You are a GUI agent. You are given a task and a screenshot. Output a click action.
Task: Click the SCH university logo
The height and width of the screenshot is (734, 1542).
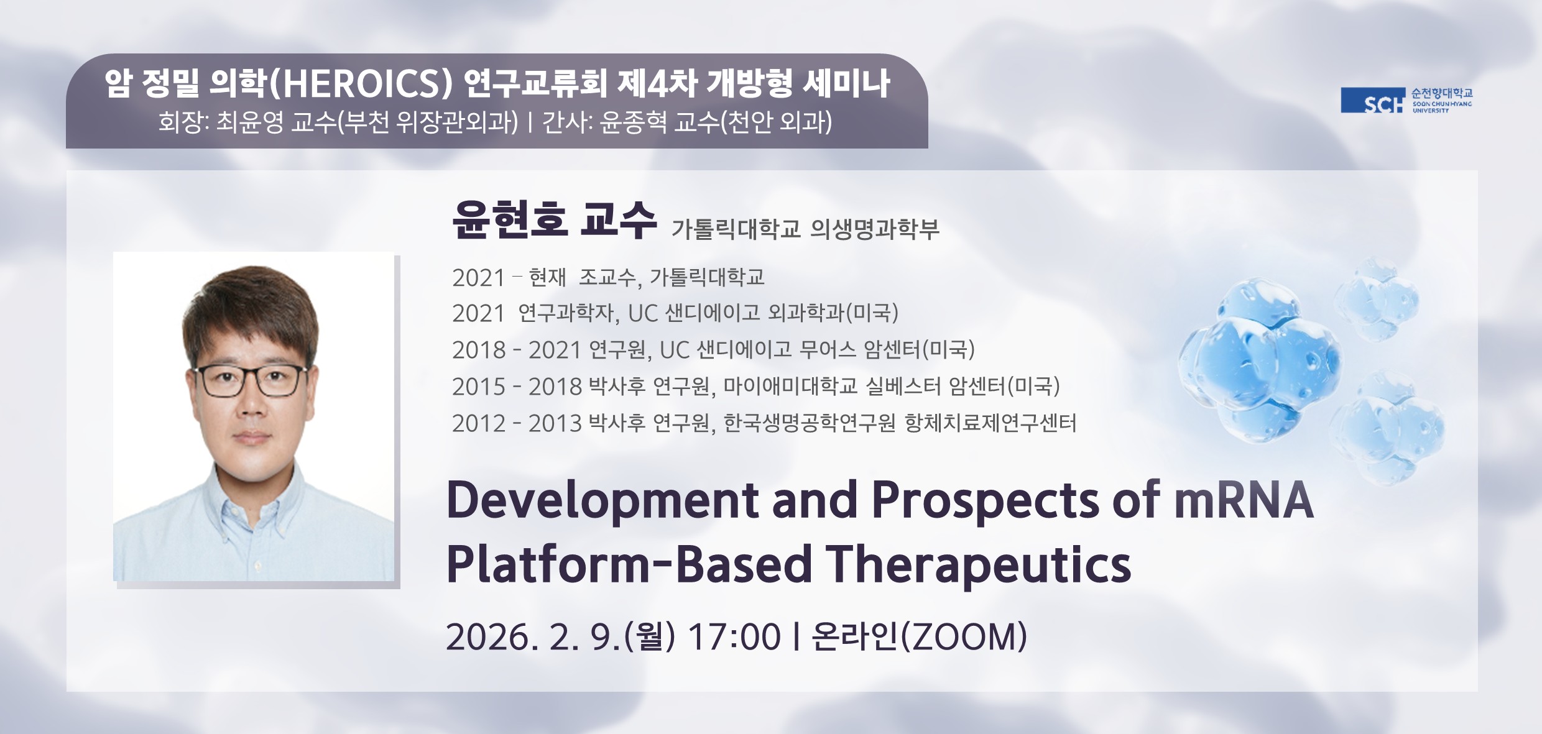coord(1406,100)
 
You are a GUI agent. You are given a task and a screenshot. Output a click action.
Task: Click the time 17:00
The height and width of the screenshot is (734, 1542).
coord(734,637)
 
